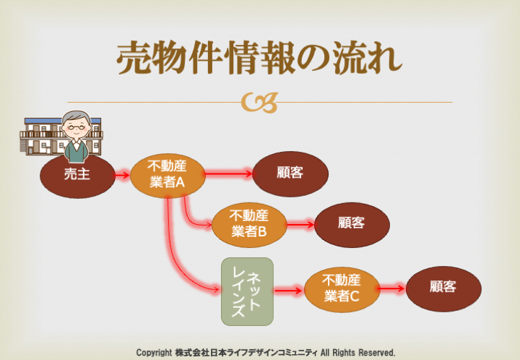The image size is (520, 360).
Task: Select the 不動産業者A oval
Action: click(x=168, y=174)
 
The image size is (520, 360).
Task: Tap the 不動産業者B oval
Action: click(x=249, y=224)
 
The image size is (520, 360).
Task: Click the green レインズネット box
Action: click(x=247, y=291)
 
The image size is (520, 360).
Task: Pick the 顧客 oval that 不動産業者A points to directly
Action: click(x=290, y=173)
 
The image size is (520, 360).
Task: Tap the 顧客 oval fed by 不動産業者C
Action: click(x=442, y=286)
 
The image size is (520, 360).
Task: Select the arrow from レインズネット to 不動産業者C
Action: click(x=289, y=291)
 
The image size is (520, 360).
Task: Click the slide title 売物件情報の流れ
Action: click(x=259, y=58)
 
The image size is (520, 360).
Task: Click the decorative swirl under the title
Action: click(x=260, y=103)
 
